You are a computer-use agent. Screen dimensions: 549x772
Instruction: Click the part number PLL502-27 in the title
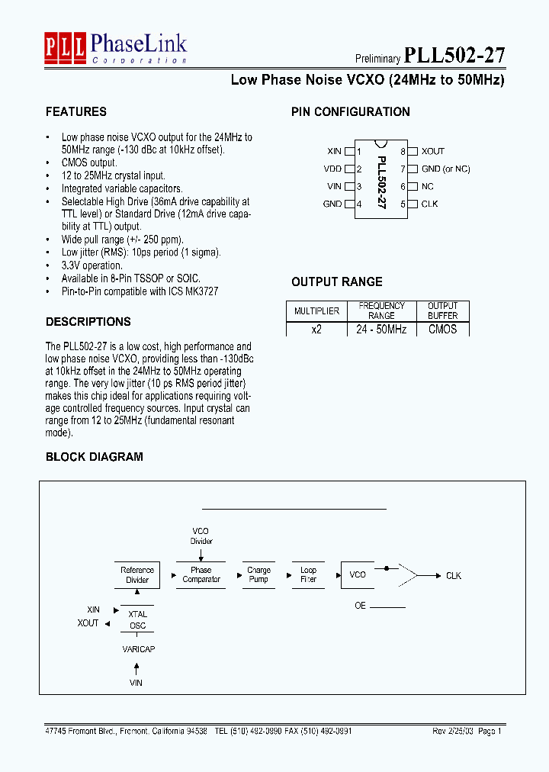(x=454, y=55)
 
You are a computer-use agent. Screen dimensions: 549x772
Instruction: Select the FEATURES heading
(x=75, y=111)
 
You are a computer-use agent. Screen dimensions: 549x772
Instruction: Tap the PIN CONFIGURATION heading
(x=350, y=111)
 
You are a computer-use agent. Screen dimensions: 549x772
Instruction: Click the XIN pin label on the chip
(x=334, y=151)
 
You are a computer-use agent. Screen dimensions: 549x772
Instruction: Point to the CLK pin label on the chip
(x=429, y=204)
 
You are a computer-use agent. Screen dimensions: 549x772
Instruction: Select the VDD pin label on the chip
(x=332, y=169)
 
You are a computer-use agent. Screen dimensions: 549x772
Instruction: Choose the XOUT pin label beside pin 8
(x=432, y=151)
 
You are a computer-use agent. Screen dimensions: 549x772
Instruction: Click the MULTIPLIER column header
(x=316, y=311)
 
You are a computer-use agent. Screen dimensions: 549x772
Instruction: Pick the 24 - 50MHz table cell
(x=381, y=330)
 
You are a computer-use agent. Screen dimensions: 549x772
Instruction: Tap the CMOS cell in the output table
(x=442, y=330)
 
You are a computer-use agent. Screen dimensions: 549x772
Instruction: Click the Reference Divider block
(x=137, y=575)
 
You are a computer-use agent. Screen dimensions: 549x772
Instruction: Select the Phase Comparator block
(x=201, y=574)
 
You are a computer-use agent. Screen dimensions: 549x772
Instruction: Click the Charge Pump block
(x=259, y=574)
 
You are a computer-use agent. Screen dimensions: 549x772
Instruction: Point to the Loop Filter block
(x=308, y=574)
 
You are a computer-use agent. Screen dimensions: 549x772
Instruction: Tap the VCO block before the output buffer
(x=358, y=574)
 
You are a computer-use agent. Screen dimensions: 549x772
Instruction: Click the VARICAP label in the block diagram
(x=137, y=648)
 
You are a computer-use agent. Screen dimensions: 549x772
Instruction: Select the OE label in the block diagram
(x=361, y=606)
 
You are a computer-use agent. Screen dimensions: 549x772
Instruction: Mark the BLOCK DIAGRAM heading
(x=94, y=457)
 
